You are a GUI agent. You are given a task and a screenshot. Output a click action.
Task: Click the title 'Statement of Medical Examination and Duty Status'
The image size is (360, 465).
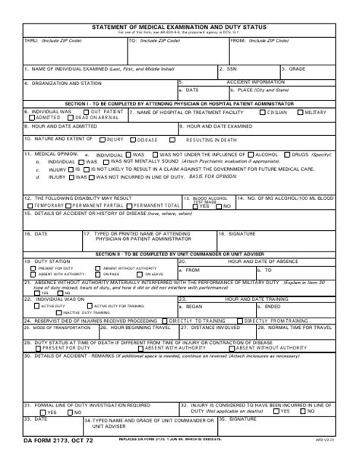click(x=179, y=26)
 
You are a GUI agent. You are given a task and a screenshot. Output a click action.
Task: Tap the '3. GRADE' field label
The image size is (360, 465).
click(x=292, y=68)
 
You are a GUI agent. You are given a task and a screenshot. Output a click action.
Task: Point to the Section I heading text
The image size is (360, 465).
click(x=179, y=103)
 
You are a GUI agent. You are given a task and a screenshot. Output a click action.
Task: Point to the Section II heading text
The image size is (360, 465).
click(x=179, y=253)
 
